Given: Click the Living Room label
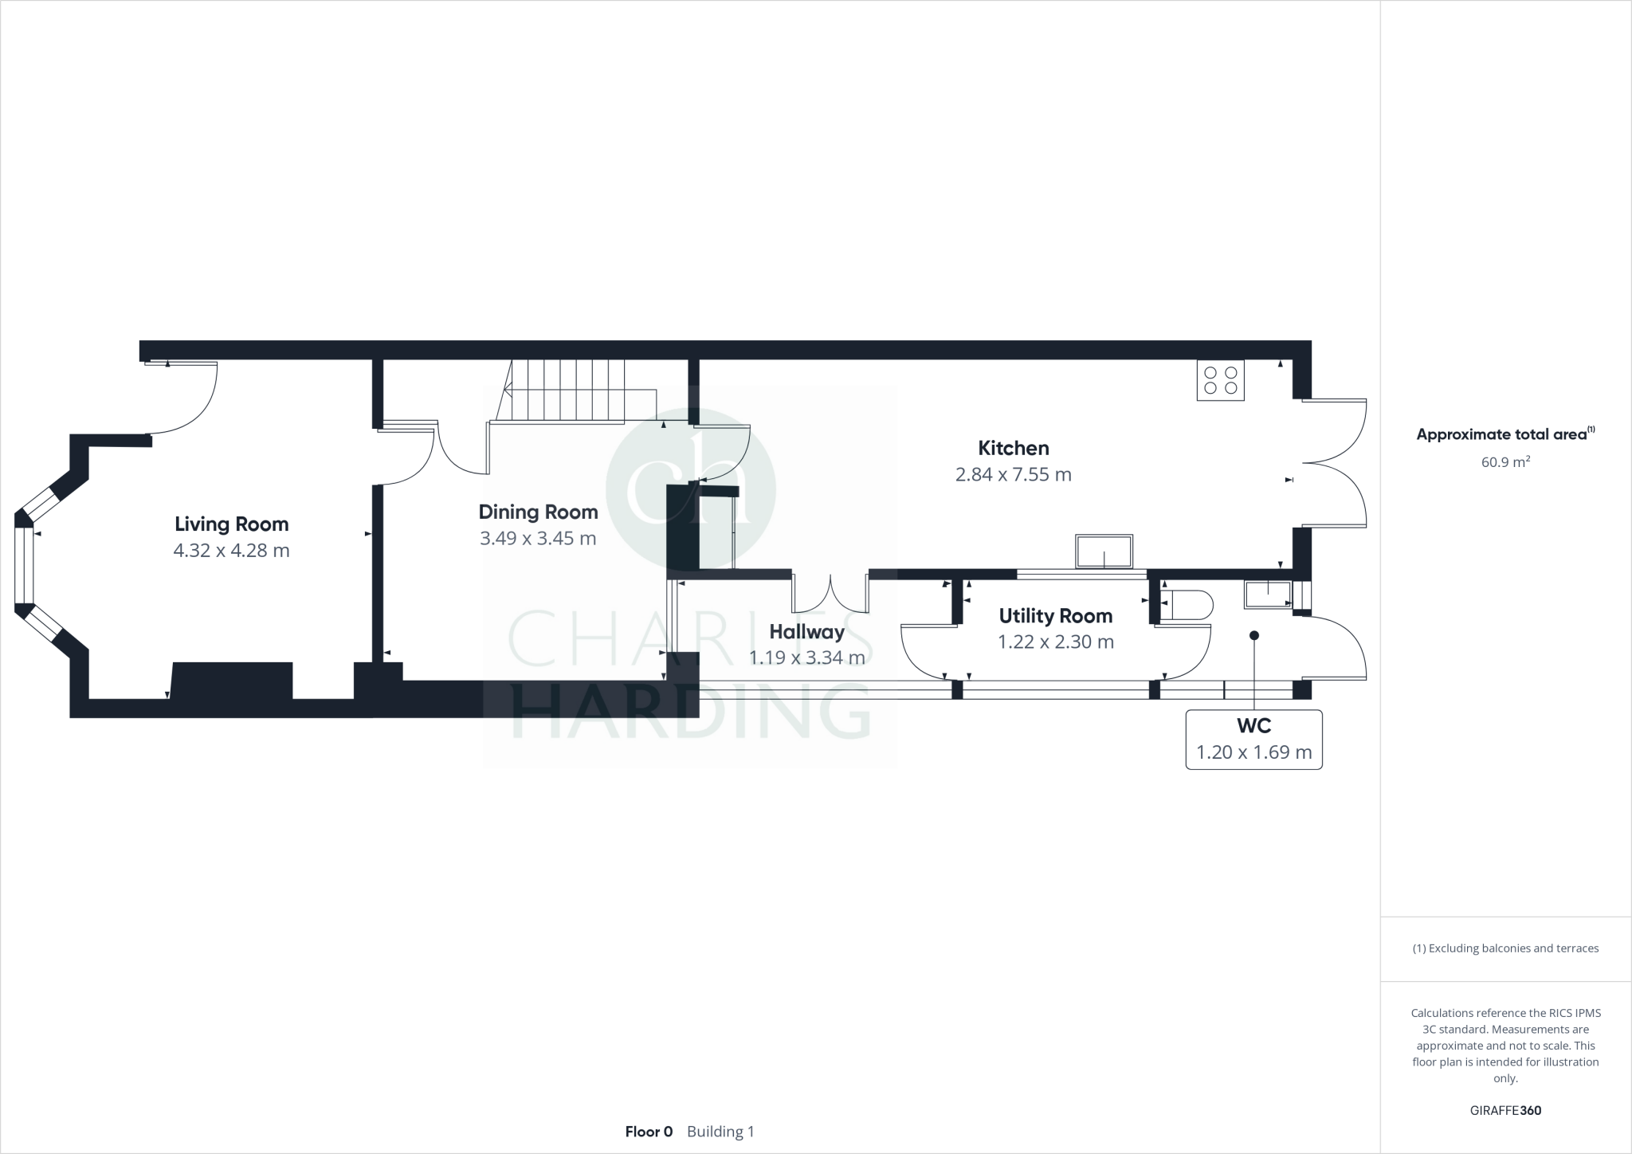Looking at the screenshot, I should pos(231,524).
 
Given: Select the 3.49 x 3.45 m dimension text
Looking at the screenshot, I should pos(538,539).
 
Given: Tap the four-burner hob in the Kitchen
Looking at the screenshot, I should pos(1220,380).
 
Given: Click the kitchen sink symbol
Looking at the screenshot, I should pos(1104,551).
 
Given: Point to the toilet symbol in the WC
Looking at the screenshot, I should pos(1187,605).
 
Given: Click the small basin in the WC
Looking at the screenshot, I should pos(1267,594).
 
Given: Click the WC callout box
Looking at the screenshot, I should pos(1253,740).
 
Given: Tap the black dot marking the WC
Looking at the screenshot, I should pos(1253,635).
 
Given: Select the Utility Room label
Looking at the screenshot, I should pos(1055,616).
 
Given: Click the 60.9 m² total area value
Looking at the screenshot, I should pos(1504,462).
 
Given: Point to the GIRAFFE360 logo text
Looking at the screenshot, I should pos(1505,1110).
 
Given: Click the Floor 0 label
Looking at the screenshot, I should pos(649,1132).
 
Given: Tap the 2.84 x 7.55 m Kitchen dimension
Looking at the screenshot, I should pos(1013,475).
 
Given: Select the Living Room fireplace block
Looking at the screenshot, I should pos(232,681).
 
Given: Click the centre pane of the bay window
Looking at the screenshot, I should pos(24,566).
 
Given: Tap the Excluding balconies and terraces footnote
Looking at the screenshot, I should pos(1505,948).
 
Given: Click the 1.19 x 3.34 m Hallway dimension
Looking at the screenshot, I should pos(806,658).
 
